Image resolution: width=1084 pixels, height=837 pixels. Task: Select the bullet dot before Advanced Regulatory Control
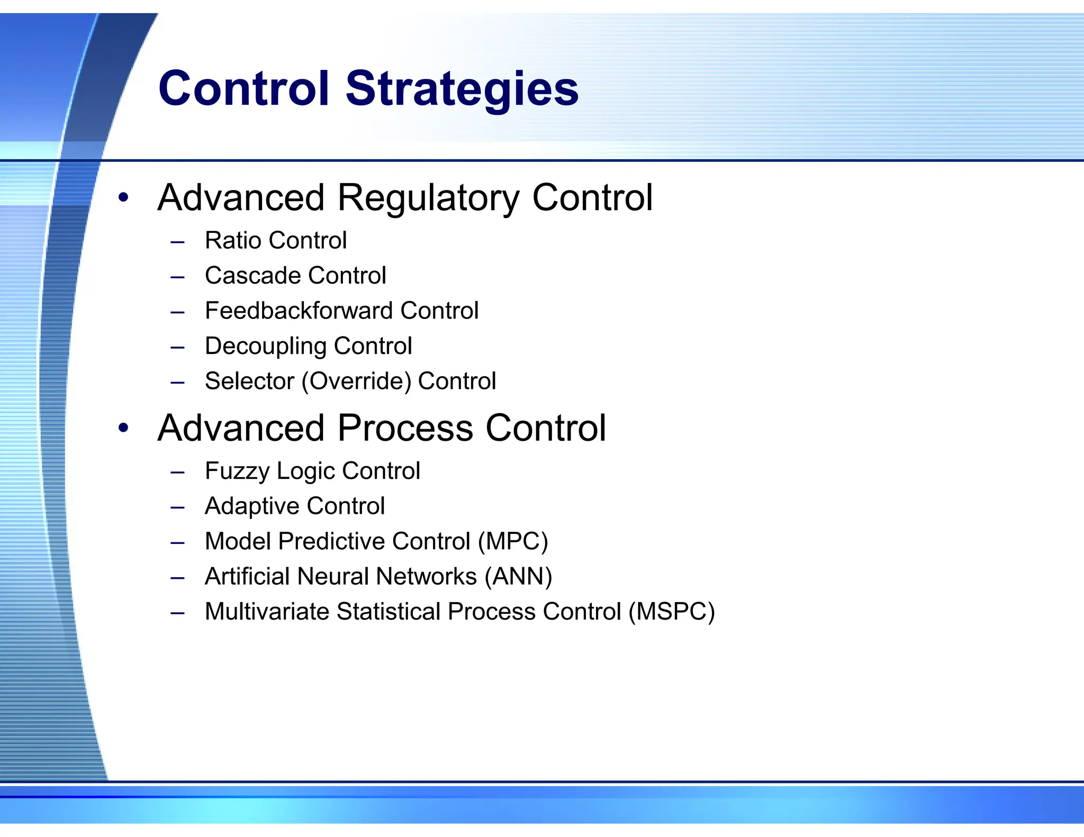coord(123,198)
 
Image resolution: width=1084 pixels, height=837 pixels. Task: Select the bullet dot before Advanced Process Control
coord(123,428)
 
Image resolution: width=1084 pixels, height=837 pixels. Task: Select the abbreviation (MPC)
coord(512,541)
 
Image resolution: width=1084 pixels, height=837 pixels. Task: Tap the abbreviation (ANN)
coord(518,577)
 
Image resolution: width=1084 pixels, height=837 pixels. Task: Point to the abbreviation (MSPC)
coord(671,612)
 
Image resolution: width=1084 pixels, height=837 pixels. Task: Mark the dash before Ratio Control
coord(177,242)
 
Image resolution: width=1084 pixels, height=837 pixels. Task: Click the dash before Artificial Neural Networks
coord(177,578)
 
